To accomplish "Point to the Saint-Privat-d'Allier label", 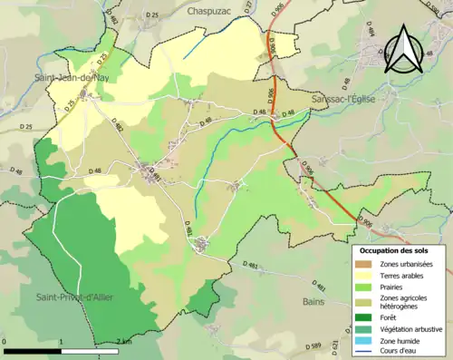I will coord(74,297).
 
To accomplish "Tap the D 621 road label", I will coord(334,346).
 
